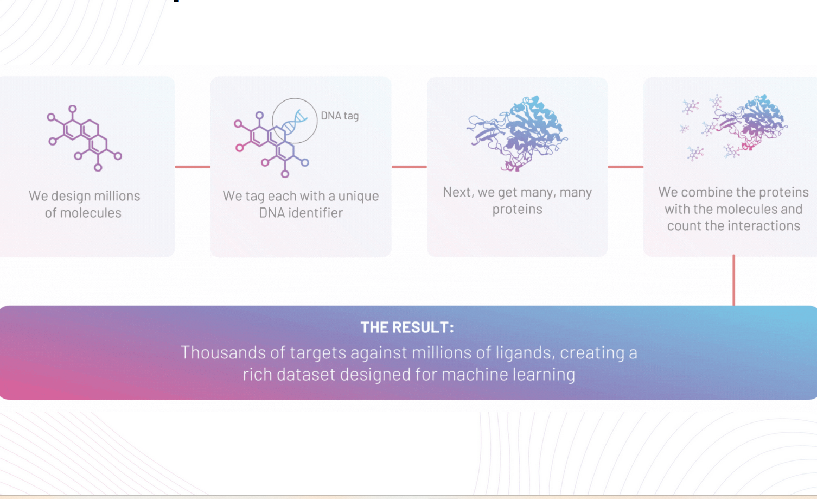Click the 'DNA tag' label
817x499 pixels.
340,116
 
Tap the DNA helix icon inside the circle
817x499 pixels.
295,121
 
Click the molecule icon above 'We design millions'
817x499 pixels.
85,138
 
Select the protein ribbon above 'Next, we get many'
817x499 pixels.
518,132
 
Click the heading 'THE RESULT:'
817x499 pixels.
407,327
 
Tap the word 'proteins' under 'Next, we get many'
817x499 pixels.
517,210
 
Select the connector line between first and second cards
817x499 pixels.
193,167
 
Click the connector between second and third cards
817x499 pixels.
409,167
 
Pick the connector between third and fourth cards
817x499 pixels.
625,167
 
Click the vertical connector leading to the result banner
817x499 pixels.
733,280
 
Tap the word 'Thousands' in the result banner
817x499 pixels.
223,352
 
